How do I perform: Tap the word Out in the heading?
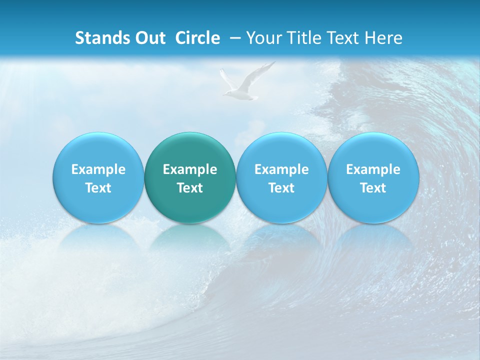pos(149,38)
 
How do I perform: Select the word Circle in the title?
pos(197,38)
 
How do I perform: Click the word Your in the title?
pos(262,38)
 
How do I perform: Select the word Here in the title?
pos(384,38)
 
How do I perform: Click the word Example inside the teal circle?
pos(190,169)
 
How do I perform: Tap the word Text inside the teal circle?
pos(190,188)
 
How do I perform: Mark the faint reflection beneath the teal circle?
pos(190,240)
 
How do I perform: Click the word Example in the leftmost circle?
pos(98,169)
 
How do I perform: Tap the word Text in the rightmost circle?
pos(373,188)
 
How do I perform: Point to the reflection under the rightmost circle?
pos(373,240)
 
